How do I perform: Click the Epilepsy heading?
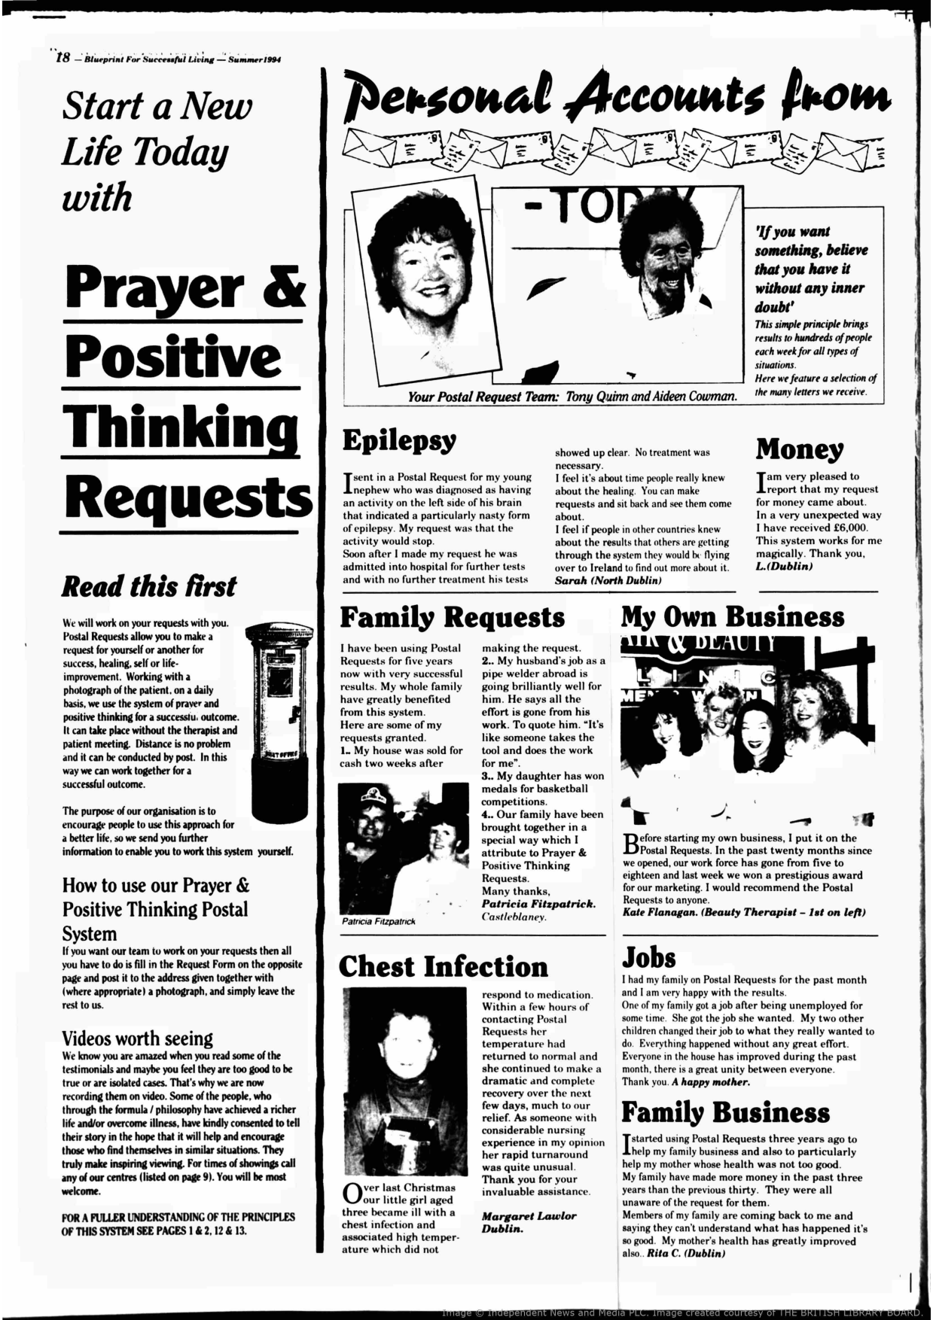(x=399, y=440)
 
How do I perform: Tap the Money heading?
(x=800, y=449)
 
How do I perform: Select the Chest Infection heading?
(x=443, y=967)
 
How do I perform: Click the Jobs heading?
(x=648, y=957)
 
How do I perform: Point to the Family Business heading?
(x=725, y=1112)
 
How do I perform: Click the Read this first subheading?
(x=148, y=586)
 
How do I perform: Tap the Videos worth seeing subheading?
(x=137, y=1039)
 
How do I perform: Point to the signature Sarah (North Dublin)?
(x=608, y=581)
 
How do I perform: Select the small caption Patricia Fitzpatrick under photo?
(x=378, y=921)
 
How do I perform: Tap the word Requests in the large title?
(x=187, y=497)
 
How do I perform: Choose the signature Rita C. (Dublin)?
(x=685, y=1254)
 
